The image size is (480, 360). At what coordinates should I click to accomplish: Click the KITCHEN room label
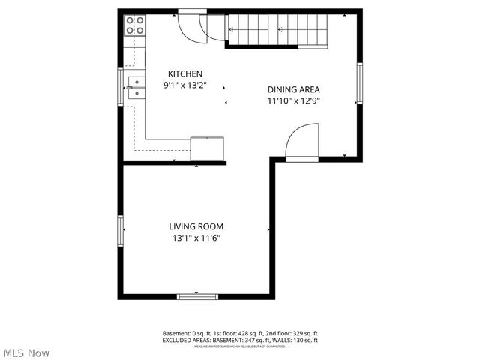(x=184, y=73)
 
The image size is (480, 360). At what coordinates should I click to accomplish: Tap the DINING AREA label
(x=294, y=88)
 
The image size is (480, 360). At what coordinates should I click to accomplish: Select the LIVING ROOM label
(x=196, y=226)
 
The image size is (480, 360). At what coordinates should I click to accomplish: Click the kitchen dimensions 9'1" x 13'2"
(x=184, y=85)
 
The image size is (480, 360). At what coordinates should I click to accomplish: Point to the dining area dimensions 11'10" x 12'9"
(x=294, y=100)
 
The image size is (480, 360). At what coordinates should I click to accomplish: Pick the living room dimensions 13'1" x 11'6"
(x=196, y=238)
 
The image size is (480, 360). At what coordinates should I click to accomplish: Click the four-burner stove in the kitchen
(x=135, y=25)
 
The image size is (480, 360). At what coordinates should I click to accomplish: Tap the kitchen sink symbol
(x=135, y=88)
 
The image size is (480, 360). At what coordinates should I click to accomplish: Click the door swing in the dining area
(x=304, y=142)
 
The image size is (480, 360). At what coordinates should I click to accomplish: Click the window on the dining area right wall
(x=360, y=82)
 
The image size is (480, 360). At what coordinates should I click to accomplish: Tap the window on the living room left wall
(x=120, y=230)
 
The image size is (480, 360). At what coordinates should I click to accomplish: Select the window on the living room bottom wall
(x=197, y=296)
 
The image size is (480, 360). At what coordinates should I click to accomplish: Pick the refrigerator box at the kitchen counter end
(x=208, y=148)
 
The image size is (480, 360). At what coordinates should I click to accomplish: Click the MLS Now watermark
(x=26, y=352)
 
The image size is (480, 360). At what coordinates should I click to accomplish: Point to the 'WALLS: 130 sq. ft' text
(x=296, y=340)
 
